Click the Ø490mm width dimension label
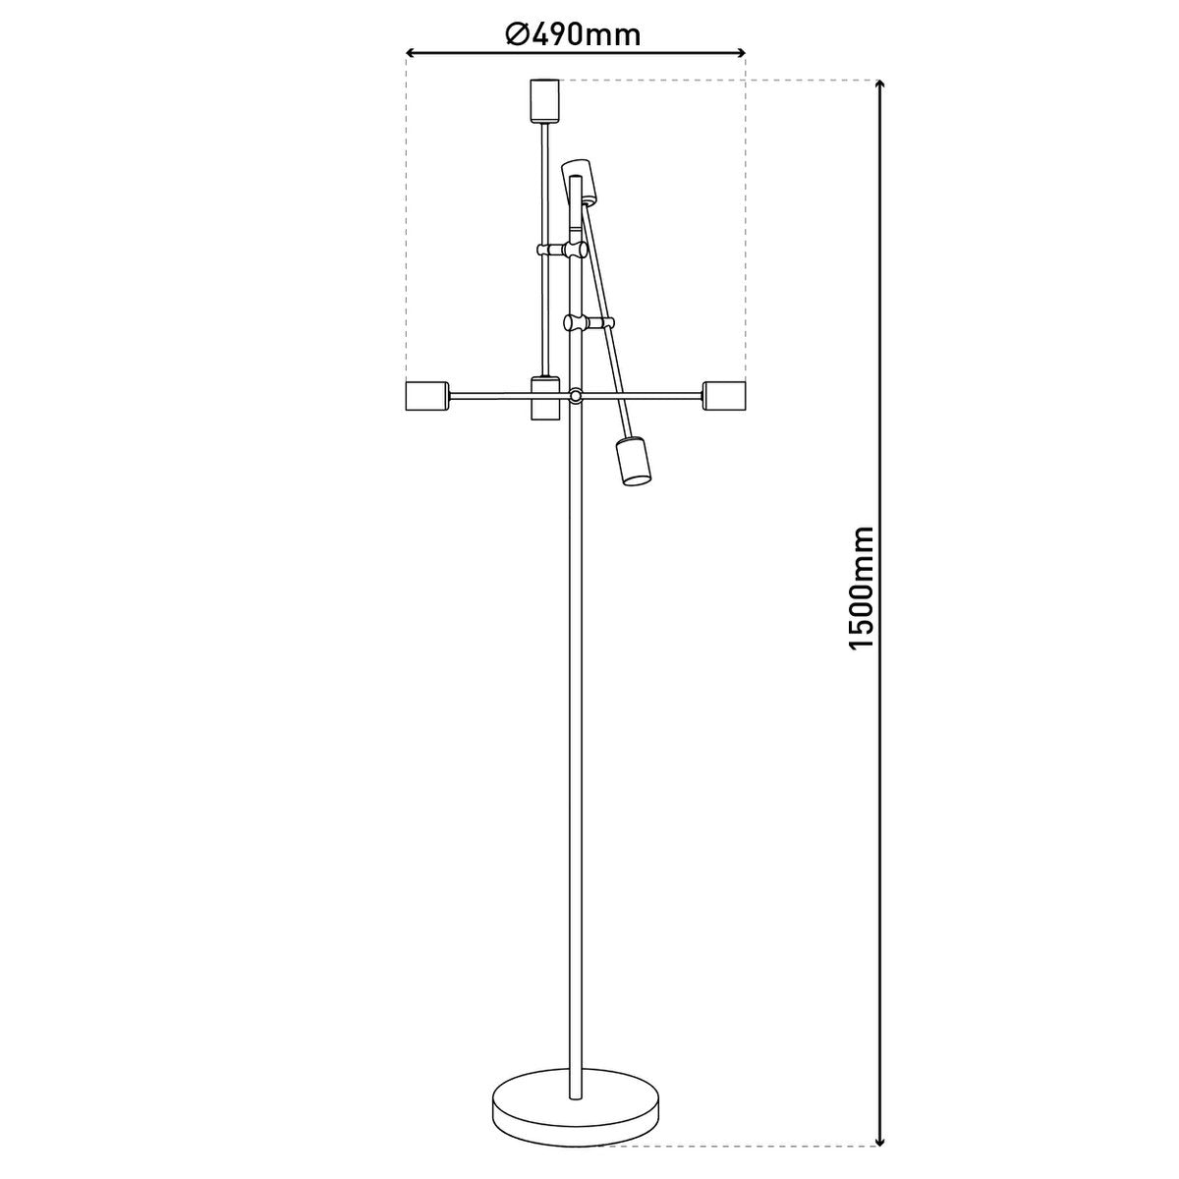click(574, 35)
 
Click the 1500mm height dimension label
click(862, 587)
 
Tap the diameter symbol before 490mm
click(518, 35)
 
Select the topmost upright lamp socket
click(543, 100)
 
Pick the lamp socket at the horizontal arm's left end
click(426, 396)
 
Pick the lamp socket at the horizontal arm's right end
click(725, 396)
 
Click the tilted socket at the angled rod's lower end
click(634, 462)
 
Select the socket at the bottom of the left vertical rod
click(544, 398)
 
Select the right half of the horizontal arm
click(644, 396)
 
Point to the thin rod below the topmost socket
click(543, 187)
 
